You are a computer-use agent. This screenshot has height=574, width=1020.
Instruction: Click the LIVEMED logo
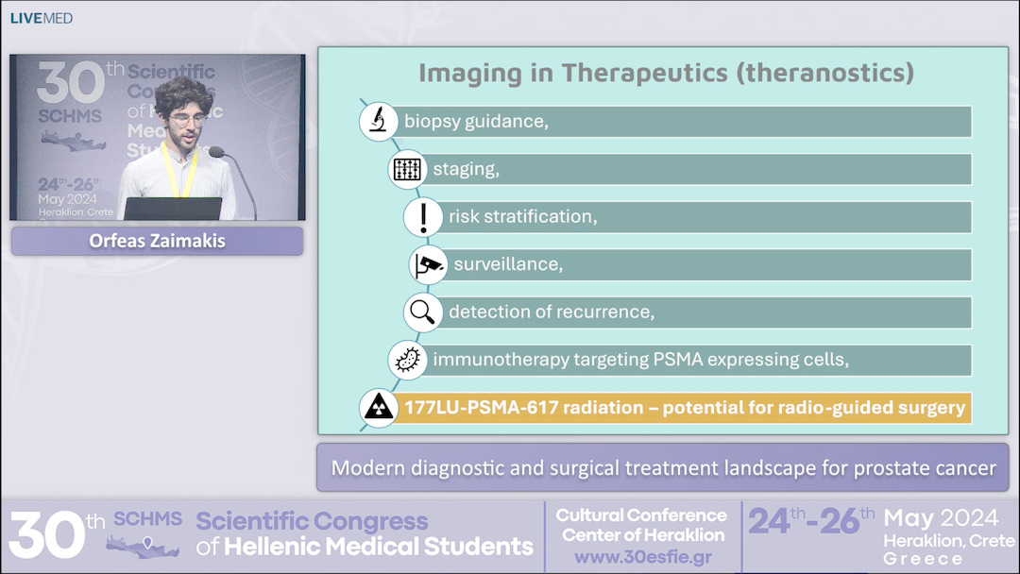(41, 18)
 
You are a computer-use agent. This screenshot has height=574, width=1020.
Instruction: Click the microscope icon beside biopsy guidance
(378, 122)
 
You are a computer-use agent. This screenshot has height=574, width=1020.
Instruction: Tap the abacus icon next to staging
(407, 170)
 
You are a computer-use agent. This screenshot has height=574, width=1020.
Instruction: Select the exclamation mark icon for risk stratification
(423, 217)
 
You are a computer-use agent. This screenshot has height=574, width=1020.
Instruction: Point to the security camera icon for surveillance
(428, 264)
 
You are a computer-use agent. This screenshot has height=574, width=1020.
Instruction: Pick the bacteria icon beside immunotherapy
(407, 360)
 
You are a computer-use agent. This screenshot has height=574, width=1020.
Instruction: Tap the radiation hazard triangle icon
(379, 408)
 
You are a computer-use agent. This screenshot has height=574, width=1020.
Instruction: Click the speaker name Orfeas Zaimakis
(157, 241)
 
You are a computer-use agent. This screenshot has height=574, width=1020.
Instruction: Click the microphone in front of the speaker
(216, 152)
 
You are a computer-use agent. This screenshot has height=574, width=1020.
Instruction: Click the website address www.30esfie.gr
(642, 557)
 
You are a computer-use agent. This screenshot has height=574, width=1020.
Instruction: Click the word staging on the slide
(466, 170)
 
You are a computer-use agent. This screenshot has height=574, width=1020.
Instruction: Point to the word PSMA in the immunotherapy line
(682, 360)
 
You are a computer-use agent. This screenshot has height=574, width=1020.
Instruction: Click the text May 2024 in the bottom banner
(941, 518)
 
